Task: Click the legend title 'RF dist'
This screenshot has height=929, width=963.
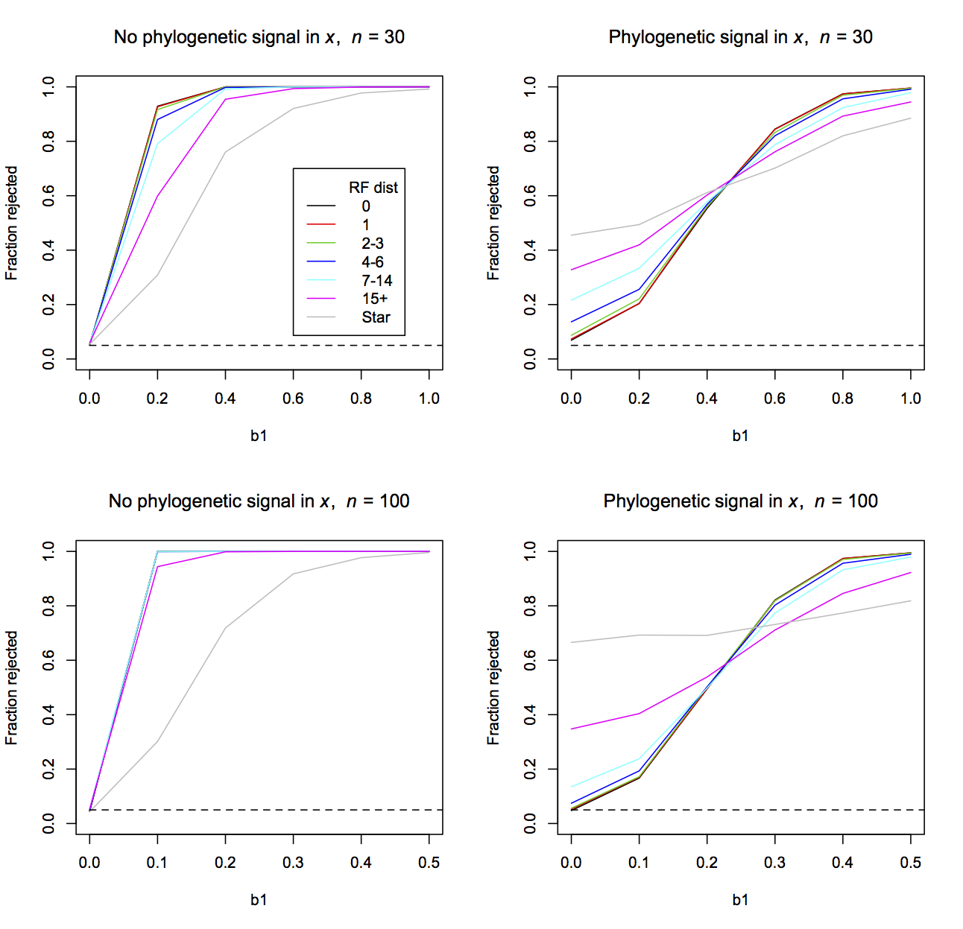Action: tap(373, 188)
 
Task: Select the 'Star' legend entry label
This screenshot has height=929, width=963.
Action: tap(376, 317)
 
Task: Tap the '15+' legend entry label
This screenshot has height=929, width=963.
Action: tap(375, 299)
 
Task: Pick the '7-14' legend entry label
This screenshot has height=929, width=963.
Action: tap(376, 281)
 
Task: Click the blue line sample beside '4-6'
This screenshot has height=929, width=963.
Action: tap(321, 262)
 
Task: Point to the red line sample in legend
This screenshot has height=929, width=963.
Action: tap(321, 225)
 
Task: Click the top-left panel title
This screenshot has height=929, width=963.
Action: tap(259, 37)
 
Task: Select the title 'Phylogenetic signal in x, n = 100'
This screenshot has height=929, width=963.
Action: tap(740, 501)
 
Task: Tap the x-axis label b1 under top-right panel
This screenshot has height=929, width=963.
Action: tap(740, 436)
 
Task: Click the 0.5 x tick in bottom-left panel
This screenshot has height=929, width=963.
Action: tap(429, 863)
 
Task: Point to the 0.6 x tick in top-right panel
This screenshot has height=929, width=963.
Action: tap(774, 399)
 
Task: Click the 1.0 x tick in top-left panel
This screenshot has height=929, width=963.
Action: tap(429, 399)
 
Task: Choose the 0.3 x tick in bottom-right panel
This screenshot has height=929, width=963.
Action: tap(774, 863)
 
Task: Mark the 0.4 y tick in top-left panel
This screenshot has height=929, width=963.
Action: tap(48, 250)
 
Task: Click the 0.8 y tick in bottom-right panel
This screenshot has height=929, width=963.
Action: tap(530, 606)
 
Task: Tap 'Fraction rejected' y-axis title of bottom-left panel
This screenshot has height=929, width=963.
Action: tap(11, 688)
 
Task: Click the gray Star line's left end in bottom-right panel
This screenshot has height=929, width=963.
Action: tap(572, 642)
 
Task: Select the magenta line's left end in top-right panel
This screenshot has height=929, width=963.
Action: tap(572, 270)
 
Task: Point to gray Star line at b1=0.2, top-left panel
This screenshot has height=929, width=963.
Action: tap(157, 275)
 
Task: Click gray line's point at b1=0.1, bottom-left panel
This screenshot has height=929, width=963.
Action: tap(157, 741)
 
